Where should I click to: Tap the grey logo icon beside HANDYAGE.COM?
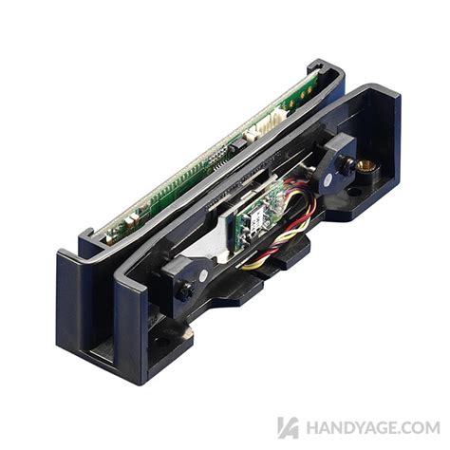[x=288, y=427]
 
